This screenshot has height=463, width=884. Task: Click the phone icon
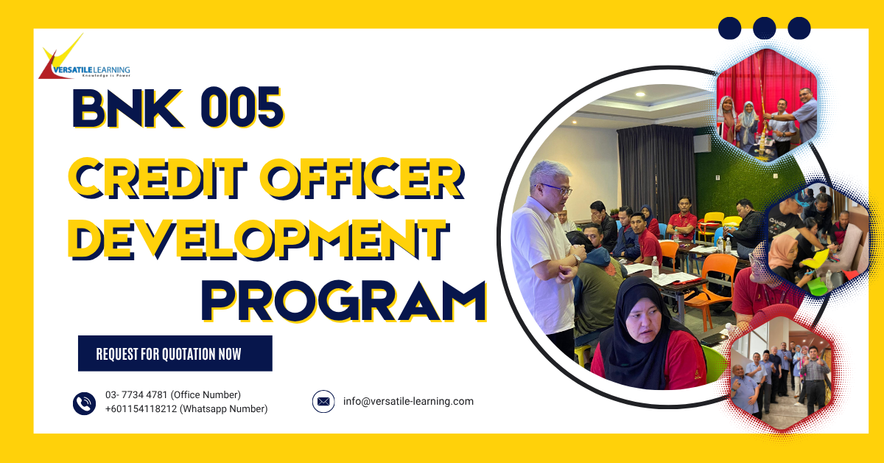(84, 403)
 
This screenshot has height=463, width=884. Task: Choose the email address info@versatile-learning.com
(408, 402)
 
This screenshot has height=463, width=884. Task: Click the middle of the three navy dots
(765, 29)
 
